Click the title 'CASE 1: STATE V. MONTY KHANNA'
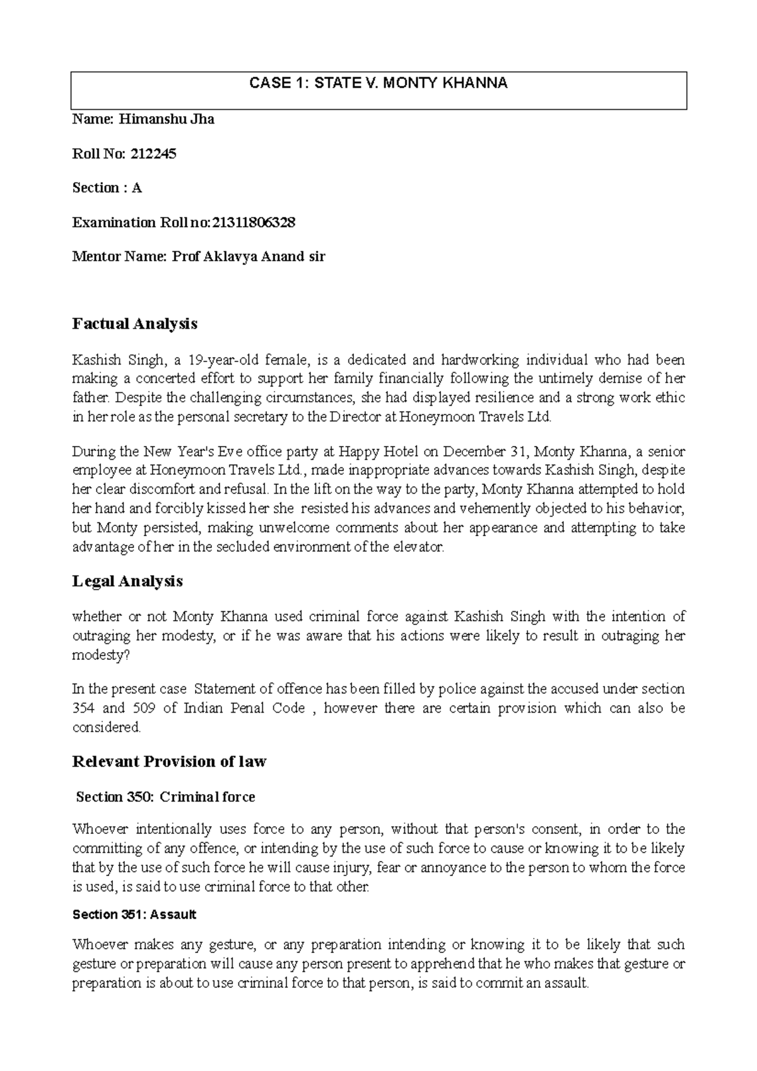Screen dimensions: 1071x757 [378, 84]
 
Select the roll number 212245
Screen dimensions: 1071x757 [155, 153]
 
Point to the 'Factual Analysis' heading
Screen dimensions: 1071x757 [135, 324]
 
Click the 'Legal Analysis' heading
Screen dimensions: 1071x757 [127, 581]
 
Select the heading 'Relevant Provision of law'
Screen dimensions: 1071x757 [169, 761]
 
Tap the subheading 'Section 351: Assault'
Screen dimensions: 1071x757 [134, 914]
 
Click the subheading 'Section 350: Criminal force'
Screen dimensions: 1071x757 [165, 797]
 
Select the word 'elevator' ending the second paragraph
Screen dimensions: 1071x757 [421, 547]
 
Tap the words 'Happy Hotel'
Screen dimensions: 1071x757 [375, 452]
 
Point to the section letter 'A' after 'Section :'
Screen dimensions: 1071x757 [136, 188]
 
